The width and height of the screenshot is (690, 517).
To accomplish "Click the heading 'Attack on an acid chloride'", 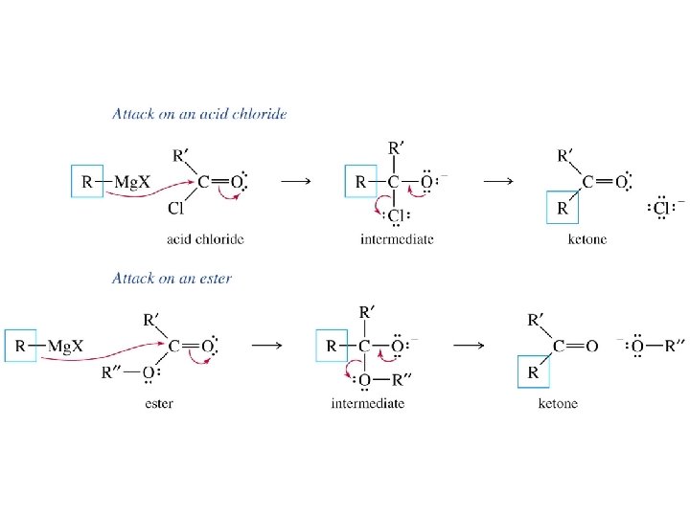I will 199,114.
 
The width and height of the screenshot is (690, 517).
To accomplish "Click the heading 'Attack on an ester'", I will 172,279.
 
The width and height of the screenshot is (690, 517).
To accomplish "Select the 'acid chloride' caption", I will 205,238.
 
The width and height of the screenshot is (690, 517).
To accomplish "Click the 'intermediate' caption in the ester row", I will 367,403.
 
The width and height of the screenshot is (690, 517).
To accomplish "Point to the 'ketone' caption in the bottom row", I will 559,403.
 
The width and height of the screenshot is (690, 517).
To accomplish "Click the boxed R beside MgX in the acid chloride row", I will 87,181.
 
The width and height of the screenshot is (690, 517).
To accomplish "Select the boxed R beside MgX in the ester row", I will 20,346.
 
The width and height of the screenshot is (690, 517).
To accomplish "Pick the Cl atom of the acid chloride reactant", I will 174,208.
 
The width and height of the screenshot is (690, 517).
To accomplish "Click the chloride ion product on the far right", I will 661,208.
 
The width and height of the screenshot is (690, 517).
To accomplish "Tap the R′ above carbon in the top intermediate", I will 396,148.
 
